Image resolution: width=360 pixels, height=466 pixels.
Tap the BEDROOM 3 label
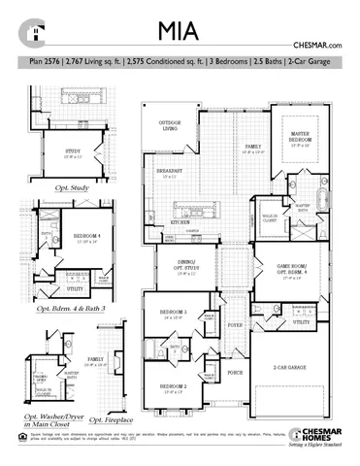tap(175, 314)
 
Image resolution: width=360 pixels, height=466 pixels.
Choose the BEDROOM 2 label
tap(175, 385)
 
